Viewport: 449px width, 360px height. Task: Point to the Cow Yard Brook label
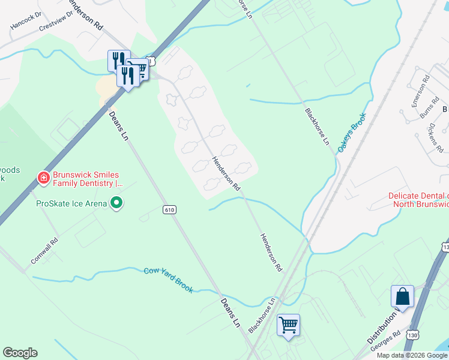click(x=169, y=280)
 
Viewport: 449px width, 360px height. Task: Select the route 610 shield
click(x=169, y=209)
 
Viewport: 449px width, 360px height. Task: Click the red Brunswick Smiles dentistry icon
click(x=43, y=177)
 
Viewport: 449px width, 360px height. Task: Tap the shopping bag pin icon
click(x=402, y=296)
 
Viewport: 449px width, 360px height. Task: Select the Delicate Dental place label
click(x=418, y=200)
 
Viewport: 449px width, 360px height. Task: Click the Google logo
click(x=20, y=353)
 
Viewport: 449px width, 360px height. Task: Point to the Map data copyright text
click(x=412, y=355)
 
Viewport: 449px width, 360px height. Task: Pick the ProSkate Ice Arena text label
click(x=71, y=203)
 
